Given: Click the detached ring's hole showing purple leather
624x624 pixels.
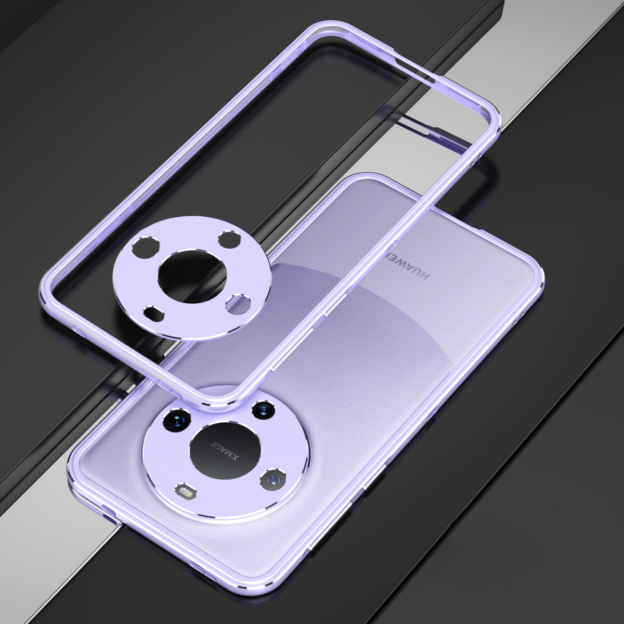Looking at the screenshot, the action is (x=238, y=303).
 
